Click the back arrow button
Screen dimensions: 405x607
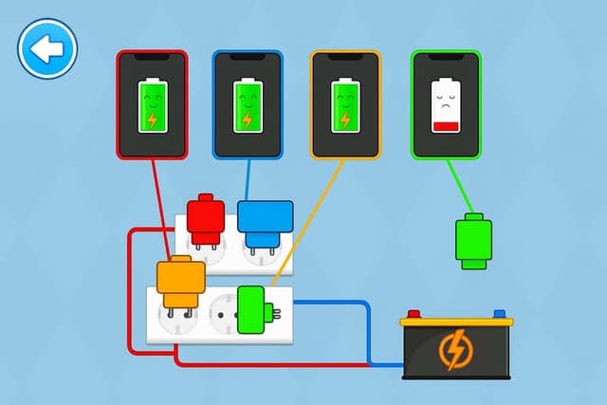point(46,47)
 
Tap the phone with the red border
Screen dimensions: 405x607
point(152,104)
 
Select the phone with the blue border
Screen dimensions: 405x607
point(248,104)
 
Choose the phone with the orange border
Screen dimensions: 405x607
point(345,104)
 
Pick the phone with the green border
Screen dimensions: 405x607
point(446,104)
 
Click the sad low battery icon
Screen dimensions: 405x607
point(445,105)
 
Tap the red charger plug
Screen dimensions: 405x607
point(206,217)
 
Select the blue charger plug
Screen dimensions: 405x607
point(263,220)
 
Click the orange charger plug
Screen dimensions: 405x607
point(180,282)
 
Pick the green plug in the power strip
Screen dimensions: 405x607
point(251,310)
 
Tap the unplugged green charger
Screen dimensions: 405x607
point(473,243)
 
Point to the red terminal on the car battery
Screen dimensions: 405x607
point(414,314)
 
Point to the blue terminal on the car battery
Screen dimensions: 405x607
point(499,314)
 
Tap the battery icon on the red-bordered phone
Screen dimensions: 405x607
point(152,105)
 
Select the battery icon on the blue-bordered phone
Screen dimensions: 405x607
point(248,105)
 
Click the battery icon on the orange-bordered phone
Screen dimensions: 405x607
point(345,105)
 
